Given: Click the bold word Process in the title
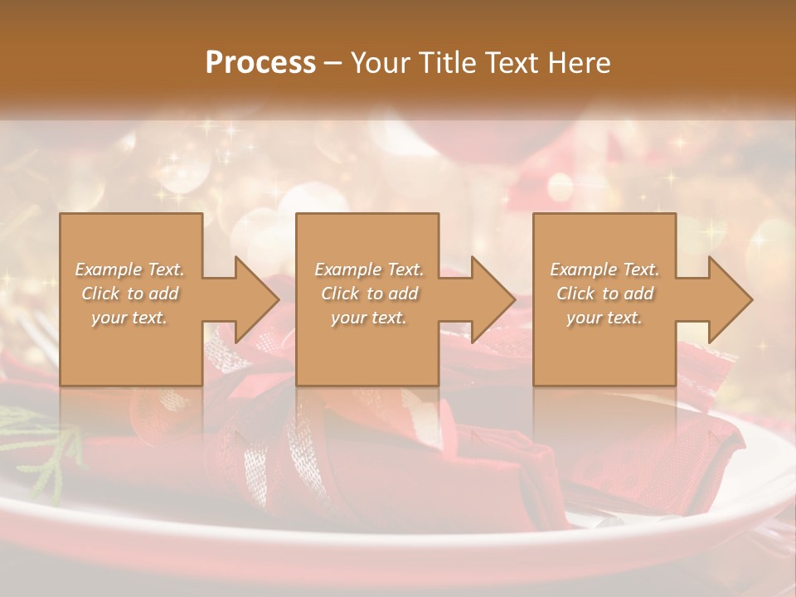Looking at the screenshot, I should tap(260, 63).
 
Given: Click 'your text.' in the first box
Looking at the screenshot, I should tap(129, 318).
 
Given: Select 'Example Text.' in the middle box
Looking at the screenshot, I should tap(369, 269).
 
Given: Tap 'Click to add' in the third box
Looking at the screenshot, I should tap(605, 294).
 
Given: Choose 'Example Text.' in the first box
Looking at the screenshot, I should tap(129, 269).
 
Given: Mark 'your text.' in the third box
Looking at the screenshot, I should tap(604, 318).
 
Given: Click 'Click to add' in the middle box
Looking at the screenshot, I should tap(369, 294).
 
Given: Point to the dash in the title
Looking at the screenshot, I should tap(332, 63).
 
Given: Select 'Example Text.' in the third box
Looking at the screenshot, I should tap(604, 269).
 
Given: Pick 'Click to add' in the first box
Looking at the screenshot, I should tap(129, 294).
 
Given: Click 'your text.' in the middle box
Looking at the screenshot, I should tap(369, 318).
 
